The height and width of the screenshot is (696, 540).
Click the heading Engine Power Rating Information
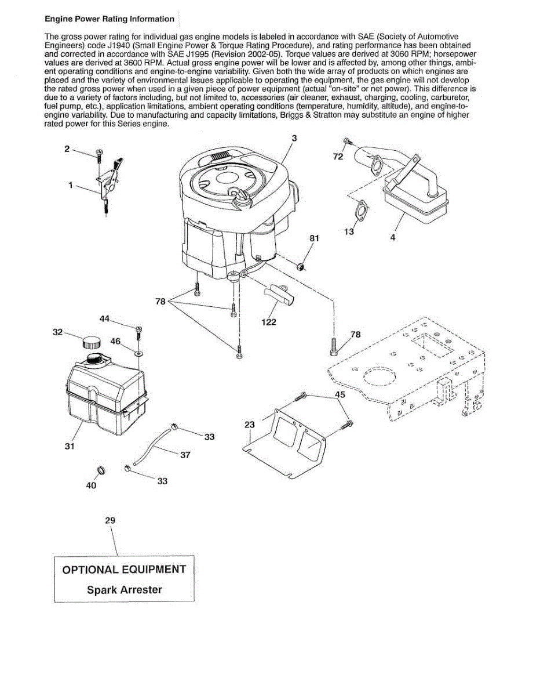pos(110,19)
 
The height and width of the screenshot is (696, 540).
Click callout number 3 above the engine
pos(294,138)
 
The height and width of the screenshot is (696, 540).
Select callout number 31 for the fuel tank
pos(70,447)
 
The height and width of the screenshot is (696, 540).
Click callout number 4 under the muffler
pos(393,237)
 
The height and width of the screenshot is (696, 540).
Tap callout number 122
pos(269,322)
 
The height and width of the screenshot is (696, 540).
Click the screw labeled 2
pos(99,154)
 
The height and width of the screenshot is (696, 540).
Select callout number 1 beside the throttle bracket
pos(71,186)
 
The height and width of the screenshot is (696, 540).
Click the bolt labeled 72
pos(346,142)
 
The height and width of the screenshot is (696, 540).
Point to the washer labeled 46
pos(138,352)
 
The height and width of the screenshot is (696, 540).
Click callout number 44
pos(104,318)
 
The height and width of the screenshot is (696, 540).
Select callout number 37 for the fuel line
pos(185,455)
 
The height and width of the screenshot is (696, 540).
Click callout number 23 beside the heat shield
pos(249,425)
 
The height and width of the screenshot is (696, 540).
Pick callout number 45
pos(340,394)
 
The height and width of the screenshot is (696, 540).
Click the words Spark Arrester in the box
pos(125,590)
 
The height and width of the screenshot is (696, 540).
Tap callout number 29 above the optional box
pos(110,520)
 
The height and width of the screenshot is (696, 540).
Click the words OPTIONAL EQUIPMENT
pos(124,569)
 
